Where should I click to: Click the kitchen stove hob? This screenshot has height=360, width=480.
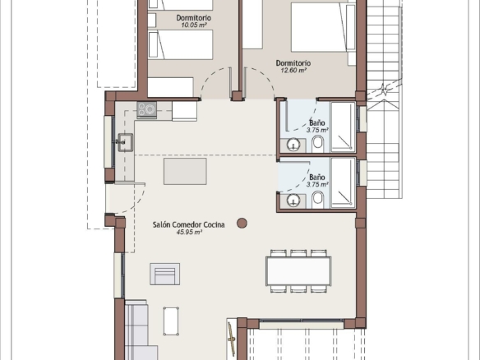tap(146, 109)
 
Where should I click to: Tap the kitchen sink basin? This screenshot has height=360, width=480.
tap(126, 142)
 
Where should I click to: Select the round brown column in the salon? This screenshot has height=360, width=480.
tap(242, 224)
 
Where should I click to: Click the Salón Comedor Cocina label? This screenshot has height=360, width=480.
tap(188, 224)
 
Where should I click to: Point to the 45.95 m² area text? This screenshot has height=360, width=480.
tap(189, 233)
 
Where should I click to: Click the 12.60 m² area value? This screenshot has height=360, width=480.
tap(293, 71)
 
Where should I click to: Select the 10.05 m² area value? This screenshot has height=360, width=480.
tap(193, 25)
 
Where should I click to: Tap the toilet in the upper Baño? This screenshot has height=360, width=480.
tap(318, 144)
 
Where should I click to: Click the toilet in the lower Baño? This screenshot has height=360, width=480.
tap(318, 200)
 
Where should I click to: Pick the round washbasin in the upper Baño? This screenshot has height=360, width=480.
tap(293, 145)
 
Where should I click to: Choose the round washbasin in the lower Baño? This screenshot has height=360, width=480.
tap(293, 201)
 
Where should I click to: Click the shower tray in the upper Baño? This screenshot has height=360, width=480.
tap(343, 127)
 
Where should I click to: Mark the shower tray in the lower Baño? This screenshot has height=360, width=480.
tap(343, 183)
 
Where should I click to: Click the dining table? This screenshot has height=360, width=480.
tap(298, 271)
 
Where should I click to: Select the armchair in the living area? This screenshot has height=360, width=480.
tap(164, 274)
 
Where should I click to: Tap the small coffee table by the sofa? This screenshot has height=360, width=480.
tap(171, 321)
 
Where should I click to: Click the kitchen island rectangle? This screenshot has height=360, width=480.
tap(185, 171)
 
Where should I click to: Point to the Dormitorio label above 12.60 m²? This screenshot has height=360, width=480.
tap(293, 63)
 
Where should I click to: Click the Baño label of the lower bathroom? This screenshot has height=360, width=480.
tap(316, 178)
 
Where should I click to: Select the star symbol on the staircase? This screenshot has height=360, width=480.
tap(383, 90)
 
